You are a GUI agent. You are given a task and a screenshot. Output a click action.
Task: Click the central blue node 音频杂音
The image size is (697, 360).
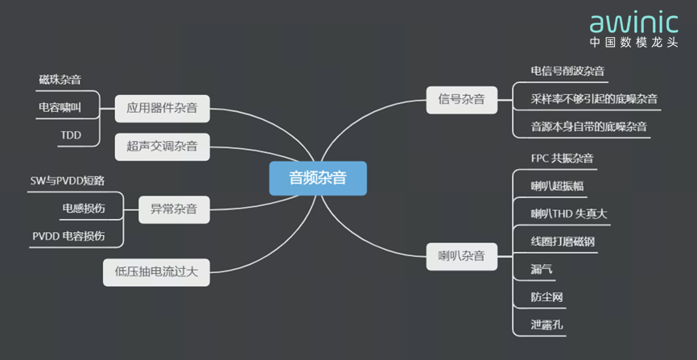(317, 178)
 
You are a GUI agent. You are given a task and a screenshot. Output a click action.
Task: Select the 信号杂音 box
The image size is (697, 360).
(461, 100)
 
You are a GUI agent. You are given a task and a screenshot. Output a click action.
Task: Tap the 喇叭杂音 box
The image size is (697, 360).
(461, 257)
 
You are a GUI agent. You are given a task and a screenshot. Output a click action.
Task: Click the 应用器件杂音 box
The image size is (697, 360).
(162, 106)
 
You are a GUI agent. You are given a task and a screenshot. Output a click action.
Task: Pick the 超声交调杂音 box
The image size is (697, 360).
(162, 147)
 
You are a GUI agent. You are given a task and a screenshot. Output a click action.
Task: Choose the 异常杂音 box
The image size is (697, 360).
(174, 210)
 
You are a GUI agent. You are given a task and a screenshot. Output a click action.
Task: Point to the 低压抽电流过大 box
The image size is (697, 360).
(156, 272)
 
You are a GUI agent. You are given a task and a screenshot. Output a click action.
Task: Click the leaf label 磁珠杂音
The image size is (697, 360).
(60, 80)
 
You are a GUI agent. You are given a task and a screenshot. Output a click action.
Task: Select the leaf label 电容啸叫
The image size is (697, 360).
(60, 106)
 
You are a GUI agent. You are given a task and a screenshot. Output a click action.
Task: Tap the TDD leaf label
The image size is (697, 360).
(71, 134)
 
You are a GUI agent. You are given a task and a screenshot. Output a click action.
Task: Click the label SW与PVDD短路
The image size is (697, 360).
(67, 182)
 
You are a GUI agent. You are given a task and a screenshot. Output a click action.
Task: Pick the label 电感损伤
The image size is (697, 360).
(83, 209)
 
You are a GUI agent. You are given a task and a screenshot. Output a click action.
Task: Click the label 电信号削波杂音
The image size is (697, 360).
(568, 71)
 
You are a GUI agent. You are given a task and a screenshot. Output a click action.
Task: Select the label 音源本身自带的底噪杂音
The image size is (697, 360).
(589, 126)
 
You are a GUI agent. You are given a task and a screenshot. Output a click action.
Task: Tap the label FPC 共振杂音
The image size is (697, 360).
(563, 159)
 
